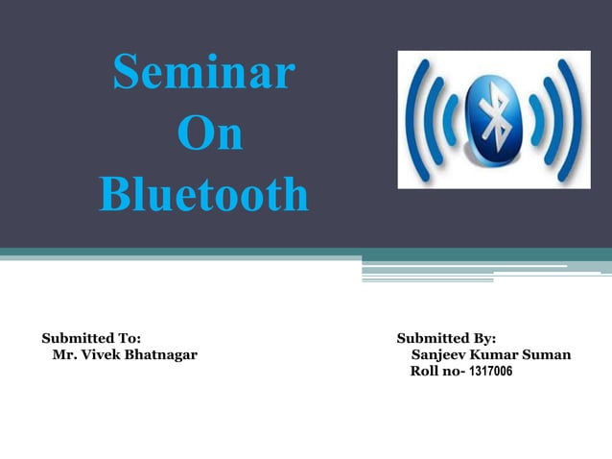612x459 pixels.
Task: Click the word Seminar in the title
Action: [203, 74]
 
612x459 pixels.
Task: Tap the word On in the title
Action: [209, 135]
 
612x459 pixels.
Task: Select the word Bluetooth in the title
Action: [203, 195]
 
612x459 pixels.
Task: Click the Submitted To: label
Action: [91, 338]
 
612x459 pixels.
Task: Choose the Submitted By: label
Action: [446, 338]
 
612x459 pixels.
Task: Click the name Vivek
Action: [101, 355]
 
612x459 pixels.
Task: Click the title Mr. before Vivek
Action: [64, 355]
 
